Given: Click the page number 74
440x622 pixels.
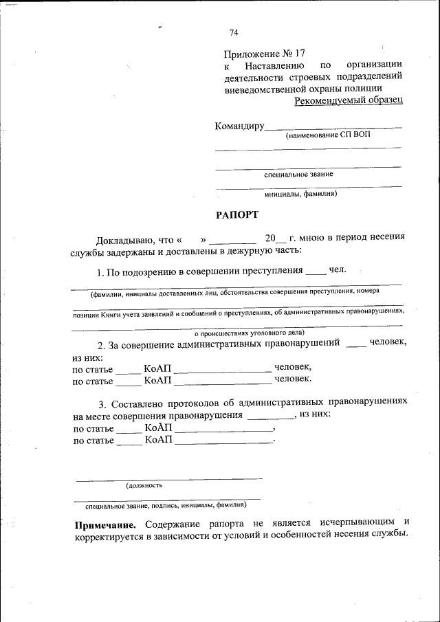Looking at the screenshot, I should point(234,32).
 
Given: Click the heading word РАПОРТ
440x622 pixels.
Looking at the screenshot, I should point(236,214).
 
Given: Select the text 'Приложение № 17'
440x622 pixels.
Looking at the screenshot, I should point(264,54).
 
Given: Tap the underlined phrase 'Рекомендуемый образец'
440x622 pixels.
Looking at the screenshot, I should point(349,100).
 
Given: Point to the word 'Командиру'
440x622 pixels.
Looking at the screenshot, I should point(239,126).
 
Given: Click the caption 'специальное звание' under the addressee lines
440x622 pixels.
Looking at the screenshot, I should point(299,174).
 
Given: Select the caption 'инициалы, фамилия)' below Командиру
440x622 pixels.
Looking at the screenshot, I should point(300,193).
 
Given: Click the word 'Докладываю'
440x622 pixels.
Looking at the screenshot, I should point(125,239).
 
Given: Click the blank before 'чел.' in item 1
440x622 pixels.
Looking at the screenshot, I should point(315,270).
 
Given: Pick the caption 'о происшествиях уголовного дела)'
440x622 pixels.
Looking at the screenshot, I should point(237,331).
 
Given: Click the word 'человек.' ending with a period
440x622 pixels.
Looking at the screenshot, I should point(293,378).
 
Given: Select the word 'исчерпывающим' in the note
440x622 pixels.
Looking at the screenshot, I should point(358,524).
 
